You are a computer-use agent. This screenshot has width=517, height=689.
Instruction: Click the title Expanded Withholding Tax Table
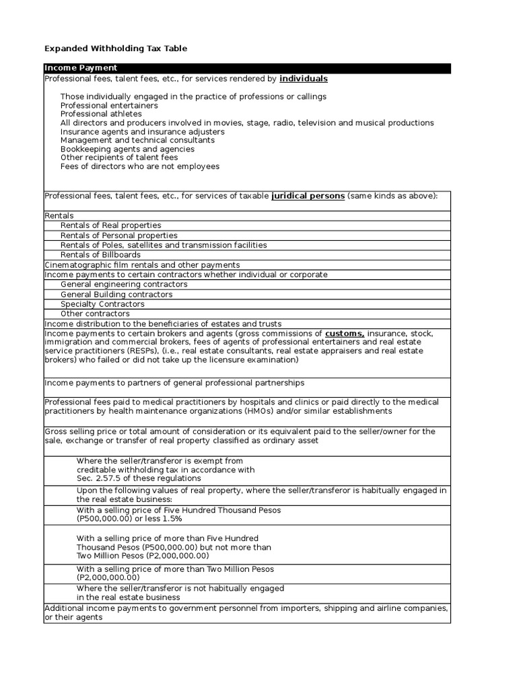pyautogui.click(x=116, y=48)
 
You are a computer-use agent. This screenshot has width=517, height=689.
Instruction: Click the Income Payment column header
pyautogui.click(x=81, y=68)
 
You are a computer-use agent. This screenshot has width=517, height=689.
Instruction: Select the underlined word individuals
pyautogui.click(x=303, y=79)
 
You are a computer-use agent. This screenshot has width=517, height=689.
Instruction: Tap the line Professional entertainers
pyautogui.click(x=109, y=106)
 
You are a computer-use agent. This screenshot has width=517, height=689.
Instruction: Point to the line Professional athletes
pyautogui.click(x=101, y=114)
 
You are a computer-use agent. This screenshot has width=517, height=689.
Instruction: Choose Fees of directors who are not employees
pyautogui.click(x=139, y=166)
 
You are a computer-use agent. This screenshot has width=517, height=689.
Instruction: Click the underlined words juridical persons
pyautogui.click(x=308, y=196)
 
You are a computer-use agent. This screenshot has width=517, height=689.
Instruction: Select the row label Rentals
pyautogui.click(x=59, y=216)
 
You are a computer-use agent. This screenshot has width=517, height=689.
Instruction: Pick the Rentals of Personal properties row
pyautogui.click(x=119, y=235)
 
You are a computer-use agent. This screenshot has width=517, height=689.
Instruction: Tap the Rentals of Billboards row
pyautogui.click(x=100, y=255)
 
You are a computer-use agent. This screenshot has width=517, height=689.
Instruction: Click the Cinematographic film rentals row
pyautogui.click(x=142, y=265)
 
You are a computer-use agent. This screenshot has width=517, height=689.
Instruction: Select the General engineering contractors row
pyautogui.click(x=124, y=285)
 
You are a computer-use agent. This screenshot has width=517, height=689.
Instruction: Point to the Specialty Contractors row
pyautogui.click(x=102, y=304)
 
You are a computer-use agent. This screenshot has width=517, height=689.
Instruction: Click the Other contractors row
pyautogui.click(x=95, y=314)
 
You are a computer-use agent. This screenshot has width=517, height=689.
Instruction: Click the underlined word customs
pyautogui.click(x=345, y=334)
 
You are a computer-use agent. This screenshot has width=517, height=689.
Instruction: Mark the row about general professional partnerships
pyautogui.click(x=174, y=383)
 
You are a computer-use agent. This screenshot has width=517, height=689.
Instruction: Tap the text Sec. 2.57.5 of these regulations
pyautogui.click(x=139, y=478)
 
